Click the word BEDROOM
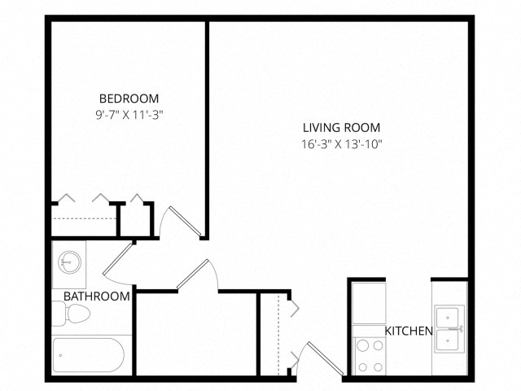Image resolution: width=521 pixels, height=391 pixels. (x=129, y=99)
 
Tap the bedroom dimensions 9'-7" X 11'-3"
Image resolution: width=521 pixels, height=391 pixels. (x=129, y=115)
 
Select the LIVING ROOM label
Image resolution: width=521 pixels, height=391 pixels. (x=341, y=128)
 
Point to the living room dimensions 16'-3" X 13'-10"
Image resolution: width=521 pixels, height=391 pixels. (x=341, y=144)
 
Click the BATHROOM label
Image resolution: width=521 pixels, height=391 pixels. (x=96, y=297)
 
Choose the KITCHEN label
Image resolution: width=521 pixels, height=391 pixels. (x=409, y=331)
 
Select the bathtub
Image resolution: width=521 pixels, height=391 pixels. (x=88, y=355)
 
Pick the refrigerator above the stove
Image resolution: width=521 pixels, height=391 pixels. (x=368, y=303)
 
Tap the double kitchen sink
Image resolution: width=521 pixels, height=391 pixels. (x=449, y=328)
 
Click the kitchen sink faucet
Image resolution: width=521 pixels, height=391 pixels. (x=461, y=328)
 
